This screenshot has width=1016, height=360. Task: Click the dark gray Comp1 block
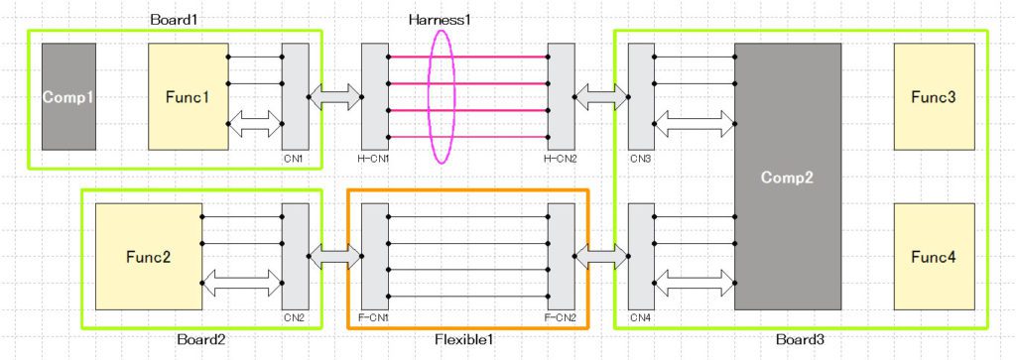pos(68,96)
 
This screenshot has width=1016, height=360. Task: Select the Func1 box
pos(188,96)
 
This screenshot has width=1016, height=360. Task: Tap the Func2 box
pos(148,257)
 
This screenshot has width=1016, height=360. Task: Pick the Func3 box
pos(934,96)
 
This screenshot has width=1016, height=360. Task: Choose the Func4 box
pos(934,257)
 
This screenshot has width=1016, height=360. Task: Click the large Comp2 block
pos(787,177)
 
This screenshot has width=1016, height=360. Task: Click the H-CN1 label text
pos(374,159)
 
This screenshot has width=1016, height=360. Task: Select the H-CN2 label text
pos(561,159)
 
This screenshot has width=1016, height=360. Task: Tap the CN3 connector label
pos(640,159)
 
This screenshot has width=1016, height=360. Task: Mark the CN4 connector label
pos(640,318)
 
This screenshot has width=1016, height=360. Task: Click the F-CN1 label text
pos(374,318)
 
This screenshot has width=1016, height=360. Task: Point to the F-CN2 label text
pos(561,318)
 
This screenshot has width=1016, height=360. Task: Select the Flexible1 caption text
pos(465,340)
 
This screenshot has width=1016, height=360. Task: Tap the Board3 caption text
pos(799,340)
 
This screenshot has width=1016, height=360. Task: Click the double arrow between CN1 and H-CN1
pos(335,96)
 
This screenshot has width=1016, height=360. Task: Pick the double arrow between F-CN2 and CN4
pos(601,257)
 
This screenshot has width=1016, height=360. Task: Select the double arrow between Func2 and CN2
pos(241,285)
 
